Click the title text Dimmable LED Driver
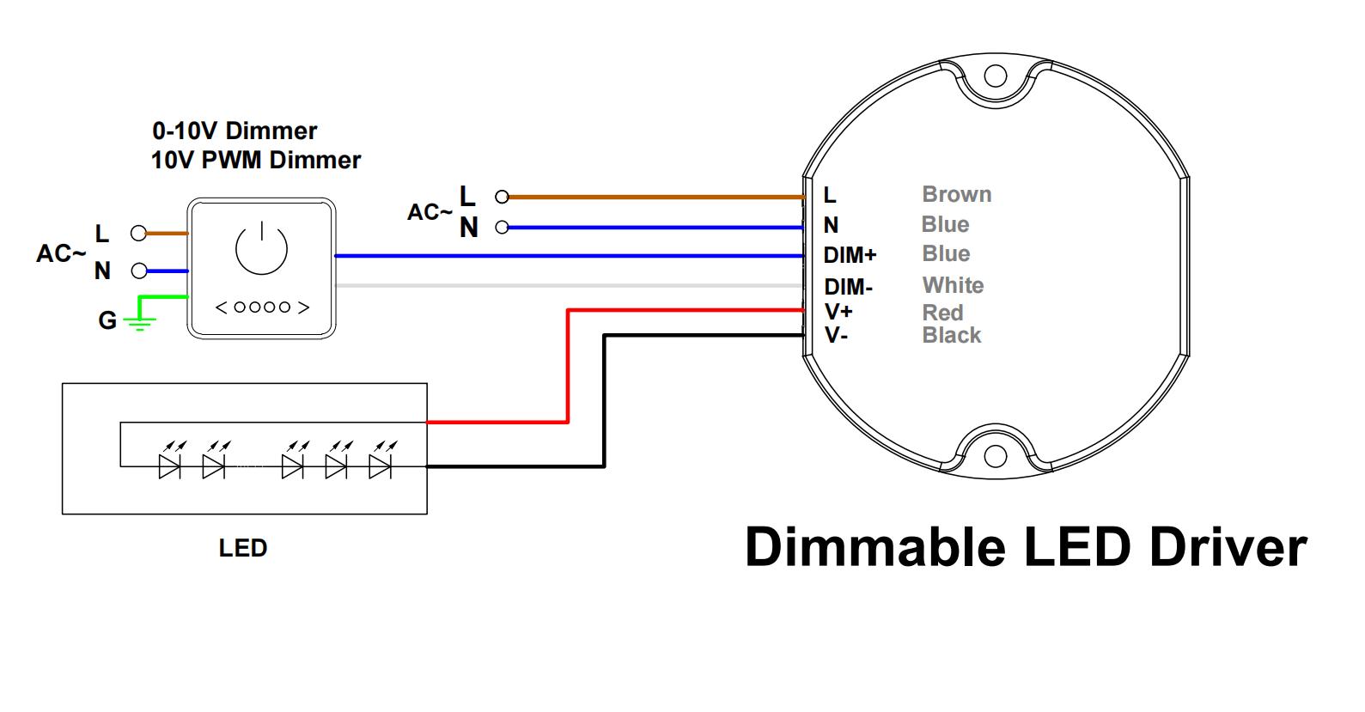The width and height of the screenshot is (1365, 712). pos(1025,547)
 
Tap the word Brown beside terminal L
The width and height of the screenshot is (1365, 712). pos(956,195)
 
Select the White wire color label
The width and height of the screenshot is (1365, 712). pos(953,285)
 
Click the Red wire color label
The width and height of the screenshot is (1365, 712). pos(942,313)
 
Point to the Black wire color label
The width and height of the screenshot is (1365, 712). pos(951,336)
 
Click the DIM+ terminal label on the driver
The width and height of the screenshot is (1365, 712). pos(850,255)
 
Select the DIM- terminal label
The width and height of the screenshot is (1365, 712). pos(848,287)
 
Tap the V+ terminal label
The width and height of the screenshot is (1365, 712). pos(838,312)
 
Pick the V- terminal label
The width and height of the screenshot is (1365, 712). pos(836,335)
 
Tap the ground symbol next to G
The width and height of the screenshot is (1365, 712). pos(139,322)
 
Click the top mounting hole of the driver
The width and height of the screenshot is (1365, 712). pos(995,76)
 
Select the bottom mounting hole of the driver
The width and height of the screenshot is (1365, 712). pos(995,454)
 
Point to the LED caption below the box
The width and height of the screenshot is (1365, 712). pos(243,548)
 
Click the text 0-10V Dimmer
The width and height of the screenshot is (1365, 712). pos(235,131)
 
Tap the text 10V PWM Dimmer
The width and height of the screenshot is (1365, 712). pos(256,161)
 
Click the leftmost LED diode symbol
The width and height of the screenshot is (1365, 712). pos(169,466)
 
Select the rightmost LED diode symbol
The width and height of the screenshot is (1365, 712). pos(380,466)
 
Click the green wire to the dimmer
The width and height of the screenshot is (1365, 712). pos(163,298)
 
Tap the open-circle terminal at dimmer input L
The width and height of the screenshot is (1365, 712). pos(137,233)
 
